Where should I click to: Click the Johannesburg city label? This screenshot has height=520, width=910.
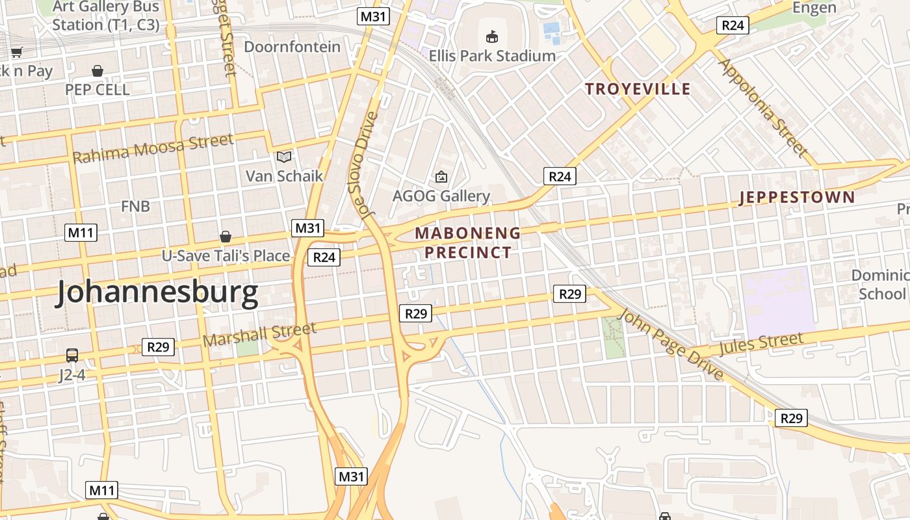click(x=157, y=293)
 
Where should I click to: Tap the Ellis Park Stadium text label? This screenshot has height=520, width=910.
click(x=492, y=56)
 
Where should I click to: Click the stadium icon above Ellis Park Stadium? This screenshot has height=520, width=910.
click(x=492, y=36)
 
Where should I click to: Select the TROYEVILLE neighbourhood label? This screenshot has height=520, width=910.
click(x=638, y=89)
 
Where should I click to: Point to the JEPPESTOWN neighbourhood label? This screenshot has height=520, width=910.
click(x=797, y=198)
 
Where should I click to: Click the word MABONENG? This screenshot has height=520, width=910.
click(x=468, y=233)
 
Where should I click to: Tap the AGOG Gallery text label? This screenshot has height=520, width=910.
click(x=441, y=196)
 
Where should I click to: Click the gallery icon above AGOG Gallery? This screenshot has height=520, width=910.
click(x=441, y=176)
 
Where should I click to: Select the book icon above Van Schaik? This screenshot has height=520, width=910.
click(x=284, y=157)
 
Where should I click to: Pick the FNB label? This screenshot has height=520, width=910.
click(x=135, y=207)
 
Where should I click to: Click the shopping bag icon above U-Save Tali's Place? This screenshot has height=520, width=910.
click(x=226, y=237)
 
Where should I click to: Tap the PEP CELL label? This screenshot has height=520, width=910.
click(x=97, y=90)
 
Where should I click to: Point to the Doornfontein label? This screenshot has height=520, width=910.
click(x=292, y=47)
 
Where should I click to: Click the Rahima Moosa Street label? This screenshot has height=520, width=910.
click(x=153, y=148)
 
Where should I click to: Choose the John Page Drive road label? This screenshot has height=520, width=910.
click(x=671, y=345)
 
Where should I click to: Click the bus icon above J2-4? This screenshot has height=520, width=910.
click(x=72, y=356)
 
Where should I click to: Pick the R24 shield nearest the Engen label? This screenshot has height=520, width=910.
click(x=733, y=25)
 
